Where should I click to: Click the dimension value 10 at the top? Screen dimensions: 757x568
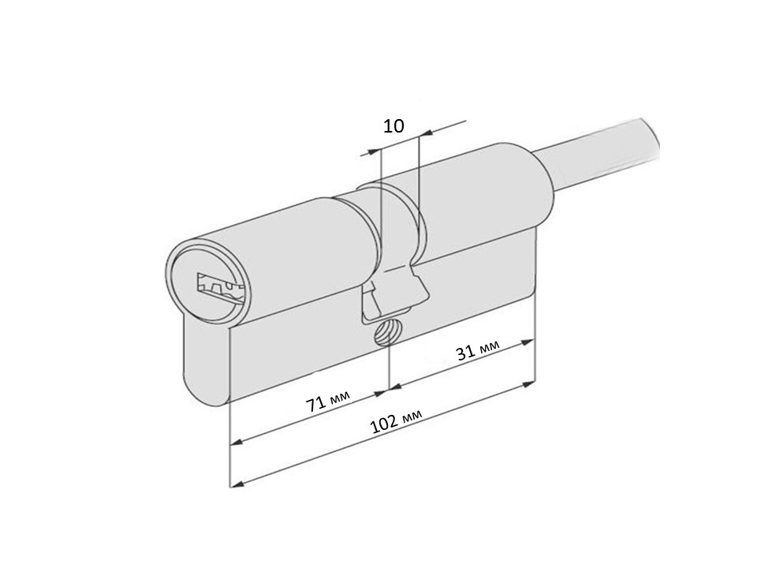[393, 126]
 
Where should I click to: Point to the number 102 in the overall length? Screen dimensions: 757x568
[384, 424]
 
